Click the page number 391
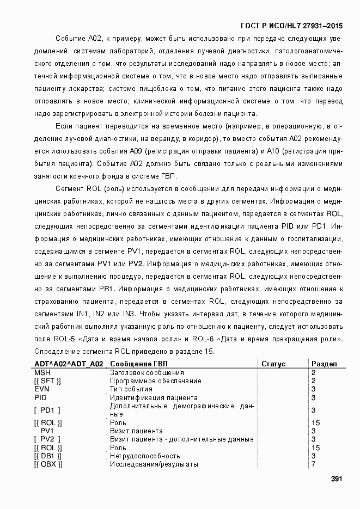pyautogui.click(x=336, y=479)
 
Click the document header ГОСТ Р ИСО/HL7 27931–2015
pyautogui.click(x=291, y=26)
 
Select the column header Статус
pyautogui.click(x=289, y=364)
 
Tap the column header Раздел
pyautogui.click(x=324, y=364)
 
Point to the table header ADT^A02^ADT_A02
pyautogui.click(x=69, y=364)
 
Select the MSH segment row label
pyautogui.click(x=42, y=372)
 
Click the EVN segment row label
pyautogui.click(x=42, y=389)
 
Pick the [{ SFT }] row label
pyautogui.click(x=47, y=381)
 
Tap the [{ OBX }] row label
pyautogui.click(x=48, y=464)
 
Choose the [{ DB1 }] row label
pyautogui.click(x=48, y=456)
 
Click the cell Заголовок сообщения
pyautogui.click(x=147, y=372)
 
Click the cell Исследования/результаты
pyautogui.click(x=154, y=464)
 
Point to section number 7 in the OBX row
pyautogui.click(x=314, y=464)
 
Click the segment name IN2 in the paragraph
pyautogui.click(x=83, y=314)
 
